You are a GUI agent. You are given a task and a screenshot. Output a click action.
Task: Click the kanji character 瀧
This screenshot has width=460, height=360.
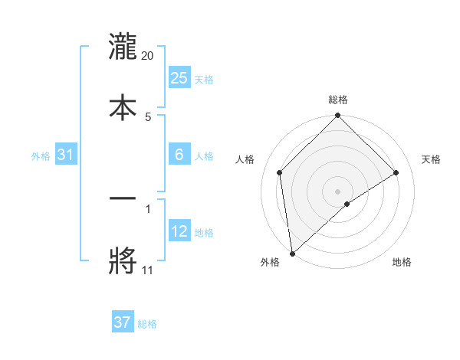click(x=123, y=47)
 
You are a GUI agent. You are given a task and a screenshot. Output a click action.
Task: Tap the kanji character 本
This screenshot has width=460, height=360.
click(x=123, y=106)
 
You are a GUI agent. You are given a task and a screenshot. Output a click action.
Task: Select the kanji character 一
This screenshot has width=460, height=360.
click(x=123, y=199)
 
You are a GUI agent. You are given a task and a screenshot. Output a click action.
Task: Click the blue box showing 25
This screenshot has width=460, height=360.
click(x=179, y=78)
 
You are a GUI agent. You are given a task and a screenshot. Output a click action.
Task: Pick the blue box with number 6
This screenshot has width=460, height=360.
click(x=179, y=155)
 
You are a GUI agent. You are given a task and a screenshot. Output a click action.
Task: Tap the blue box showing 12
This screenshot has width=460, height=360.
click(x=179, y=231)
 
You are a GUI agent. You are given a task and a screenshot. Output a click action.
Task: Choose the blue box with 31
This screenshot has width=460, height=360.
click(x=66, y=155)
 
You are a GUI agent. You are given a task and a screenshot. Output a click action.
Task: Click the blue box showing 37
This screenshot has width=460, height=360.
click(x=123, y=322)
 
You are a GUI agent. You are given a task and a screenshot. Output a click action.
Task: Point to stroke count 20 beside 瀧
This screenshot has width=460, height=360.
click(x=148, y=56)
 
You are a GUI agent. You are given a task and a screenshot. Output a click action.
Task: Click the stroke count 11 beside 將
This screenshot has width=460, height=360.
click(x=147, y=270)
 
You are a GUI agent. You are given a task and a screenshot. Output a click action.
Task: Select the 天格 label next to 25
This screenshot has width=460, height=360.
click(x=204, y=79)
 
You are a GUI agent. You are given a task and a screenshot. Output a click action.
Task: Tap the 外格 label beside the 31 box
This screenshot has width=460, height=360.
click(x=41, y=155)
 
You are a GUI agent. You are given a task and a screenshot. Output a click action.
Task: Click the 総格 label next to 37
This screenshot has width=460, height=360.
click(x=147, y=324)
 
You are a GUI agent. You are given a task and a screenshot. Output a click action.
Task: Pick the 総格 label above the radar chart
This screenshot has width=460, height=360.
click(x=338, y=100)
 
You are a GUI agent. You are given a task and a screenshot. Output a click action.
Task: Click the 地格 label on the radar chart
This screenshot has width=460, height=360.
click(x=402, y=262)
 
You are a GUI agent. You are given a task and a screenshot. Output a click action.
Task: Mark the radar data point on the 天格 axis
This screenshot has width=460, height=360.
click(x=396, y=172)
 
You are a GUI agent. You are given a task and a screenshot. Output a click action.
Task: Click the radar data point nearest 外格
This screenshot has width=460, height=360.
click(x=292, y=254)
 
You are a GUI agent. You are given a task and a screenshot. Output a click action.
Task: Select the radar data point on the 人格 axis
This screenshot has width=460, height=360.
click(x=280, y=172)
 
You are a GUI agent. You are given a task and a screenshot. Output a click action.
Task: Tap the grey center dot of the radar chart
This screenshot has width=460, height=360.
click(x=338, y=191)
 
